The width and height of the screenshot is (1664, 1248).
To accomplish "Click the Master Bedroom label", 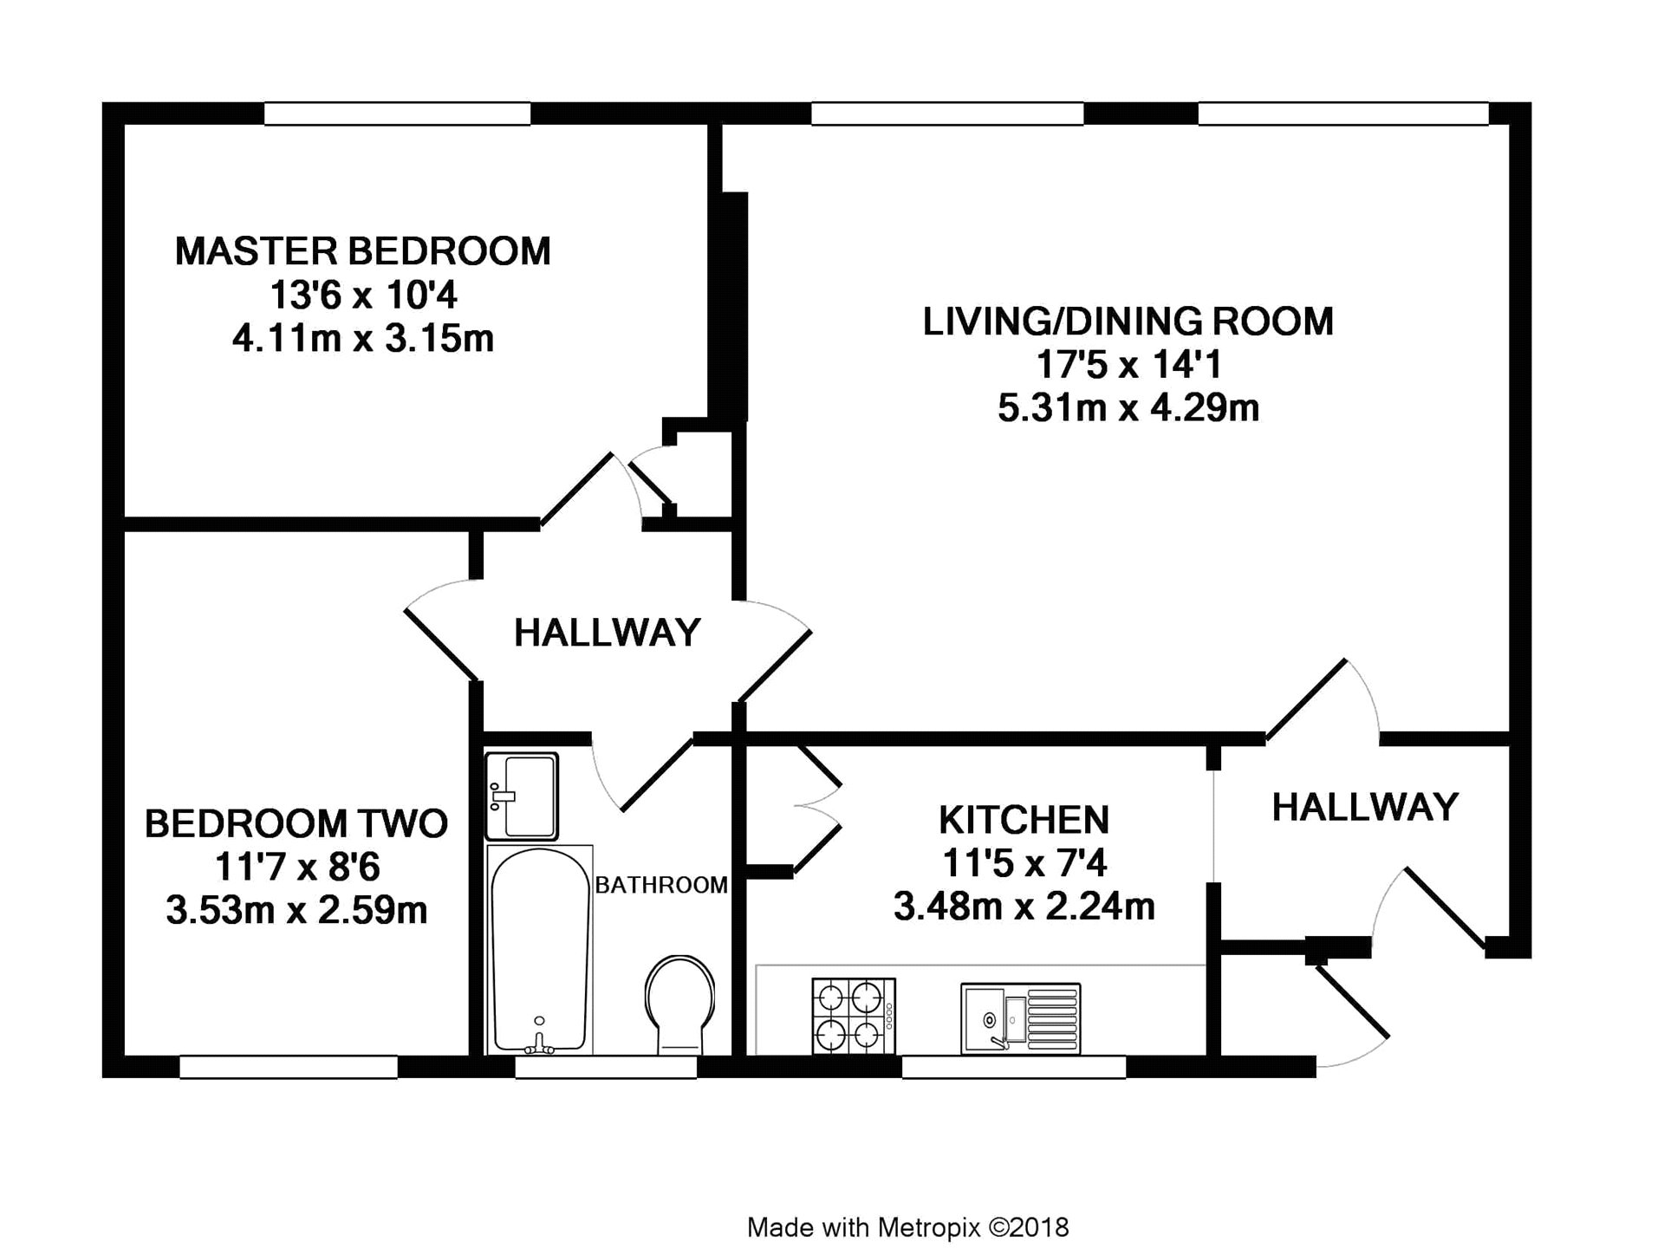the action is point(363,251).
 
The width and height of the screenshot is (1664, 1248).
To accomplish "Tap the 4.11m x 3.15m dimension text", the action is point(363,338).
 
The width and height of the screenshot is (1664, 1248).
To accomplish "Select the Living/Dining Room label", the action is point(1128,322).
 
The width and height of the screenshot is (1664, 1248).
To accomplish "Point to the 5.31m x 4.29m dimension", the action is point(1128,407).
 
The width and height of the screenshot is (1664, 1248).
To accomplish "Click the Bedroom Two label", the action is point(296,823).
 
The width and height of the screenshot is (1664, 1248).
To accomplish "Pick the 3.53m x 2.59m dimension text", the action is point(296,910).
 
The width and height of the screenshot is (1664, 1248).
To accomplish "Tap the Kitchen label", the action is point(1024,820).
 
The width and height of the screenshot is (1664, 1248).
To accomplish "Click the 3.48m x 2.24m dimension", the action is point(1024,907).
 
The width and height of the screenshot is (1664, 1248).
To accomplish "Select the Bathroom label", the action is point(661,885).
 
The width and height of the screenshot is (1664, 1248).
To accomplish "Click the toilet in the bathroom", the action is point(680,1005).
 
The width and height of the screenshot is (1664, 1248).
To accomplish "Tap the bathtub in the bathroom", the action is point(540,950).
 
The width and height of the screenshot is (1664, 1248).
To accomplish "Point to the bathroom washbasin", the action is point(522,796).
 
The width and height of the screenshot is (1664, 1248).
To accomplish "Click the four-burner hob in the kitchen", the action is point(854,1017).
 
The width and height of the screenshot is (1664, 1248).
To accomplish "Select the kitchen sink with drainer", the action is point(1021,1018).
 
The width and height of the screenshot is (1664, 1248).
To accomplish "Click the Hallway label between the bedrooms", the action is point(607,633).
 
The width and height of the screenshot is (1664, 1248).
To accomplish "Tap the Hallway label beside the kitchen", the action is point(1365,807).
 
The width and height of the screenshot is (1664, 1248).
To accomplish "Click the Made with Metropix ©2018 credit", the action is point(908,1204).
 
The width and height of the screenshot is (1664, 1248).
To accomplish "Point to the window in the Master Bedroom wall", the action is point(397,114).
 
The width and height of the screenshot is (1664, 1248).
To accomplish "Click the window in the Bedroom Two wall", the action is point(289,1067).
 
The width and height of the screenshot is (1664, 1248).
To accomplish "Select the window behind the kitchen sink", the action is point(1014,1067).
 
